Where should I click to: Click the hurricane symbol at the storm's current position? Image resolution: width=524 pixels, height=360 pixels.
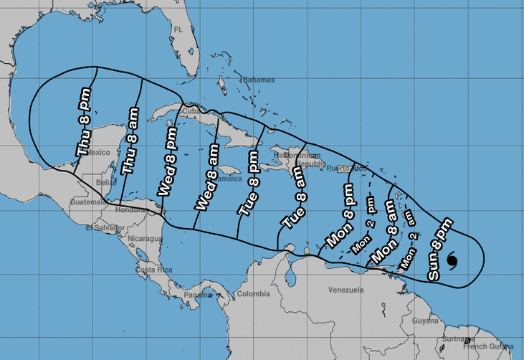(x=452, y=260)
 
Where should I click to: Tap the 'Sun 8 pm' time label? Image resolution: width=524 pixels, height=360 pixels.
(x=439, y=248)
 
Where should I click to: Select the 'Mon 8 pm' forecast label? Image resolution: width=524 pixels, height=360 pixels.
(x=340, y=214)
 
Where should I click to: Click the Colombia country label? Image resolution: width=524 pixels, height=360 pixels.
(x=253, y=294)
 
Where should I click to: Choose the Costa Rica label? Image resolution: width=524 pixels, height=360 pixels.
(x=152, y=270)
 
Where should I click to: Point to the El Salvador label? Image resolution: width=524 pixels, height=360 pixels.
(x=100, y=228)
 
